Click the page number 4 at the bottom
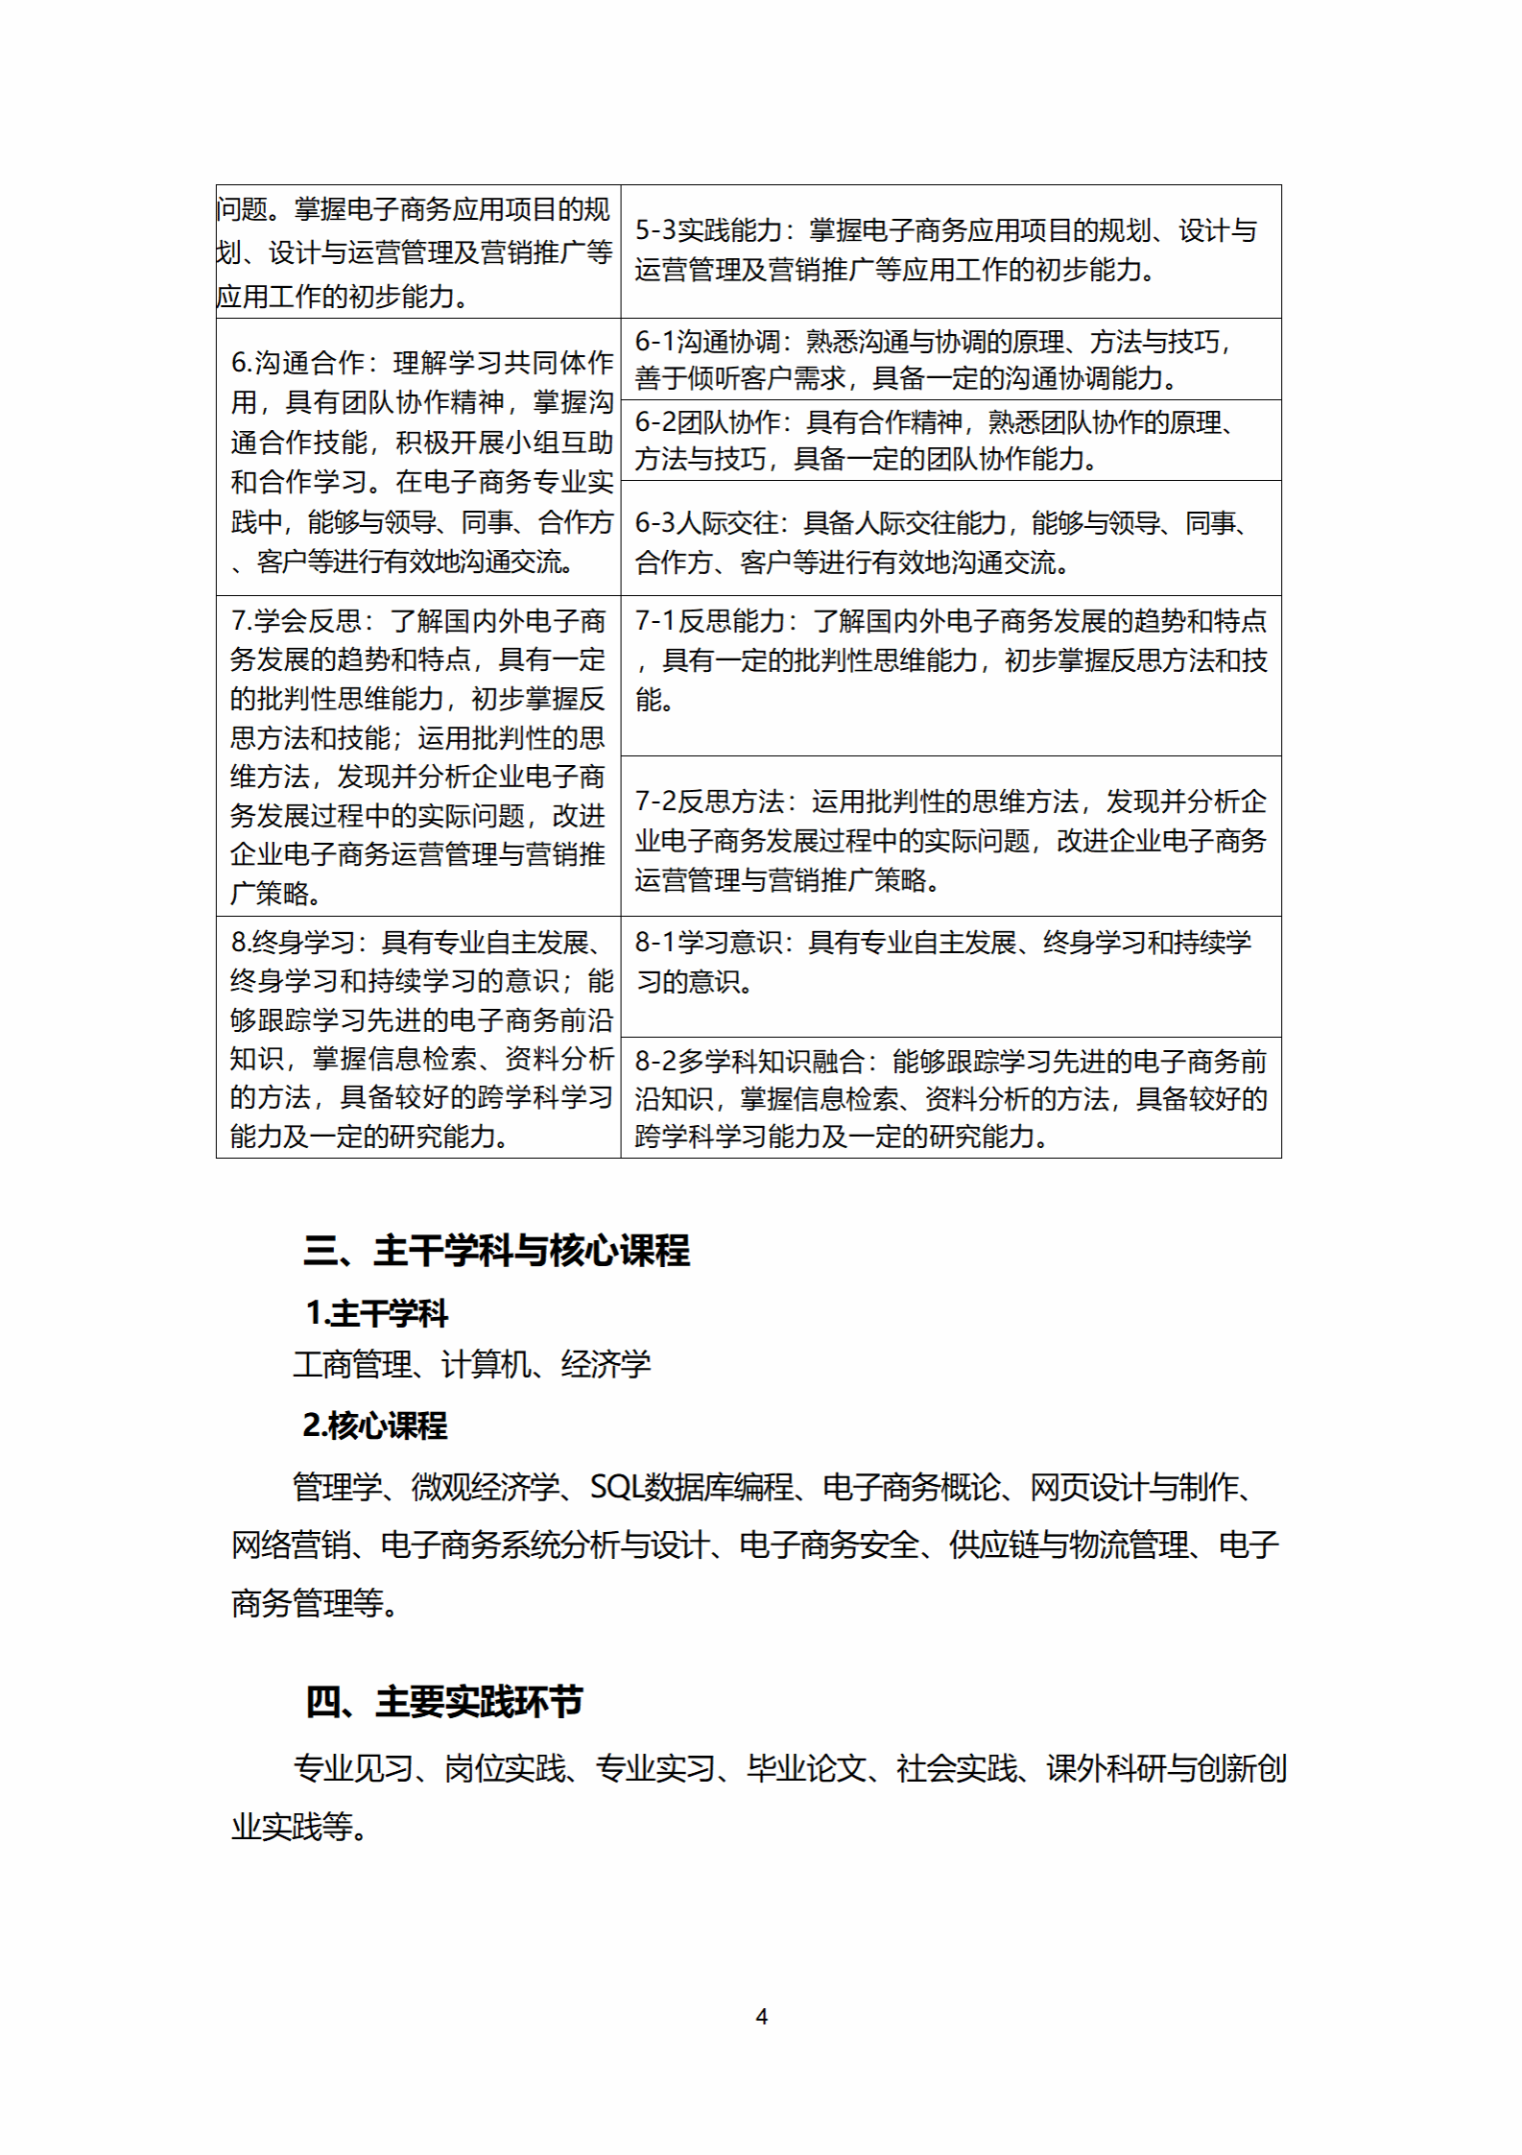click(x=761, y=2016)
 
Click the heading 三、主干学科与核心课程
click(x=496, y=1251)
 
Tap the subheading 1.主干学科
click(x=376, y=1313)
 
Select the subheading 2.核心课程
click(x=374, y=1425)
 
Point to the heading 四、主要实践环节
click(x=443, y=1702)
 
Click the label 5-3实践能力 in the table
click(x=709, y=231)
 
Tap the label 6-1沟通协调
click(x=708, y=343)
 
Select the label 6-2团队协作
click(x=708, y=423)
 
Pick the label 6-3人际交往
click(x=708, y=524)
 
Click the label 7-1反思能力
click(x=711, y=622)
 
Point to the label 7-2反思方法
click(x=710, y=802)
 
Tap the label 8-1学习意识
click(x=709, y=943)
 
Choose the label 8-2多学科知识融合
click(x=749, y=1062)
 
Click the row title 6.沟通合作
click(x=298, y=363)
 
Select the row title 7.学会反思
click(x=297, y=622)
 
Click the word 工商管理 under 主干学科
click(x=352, y=1364)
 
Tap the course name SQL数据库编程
click(x=692, y=1487)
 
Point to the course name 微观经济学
click(x=485, y=1487)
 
